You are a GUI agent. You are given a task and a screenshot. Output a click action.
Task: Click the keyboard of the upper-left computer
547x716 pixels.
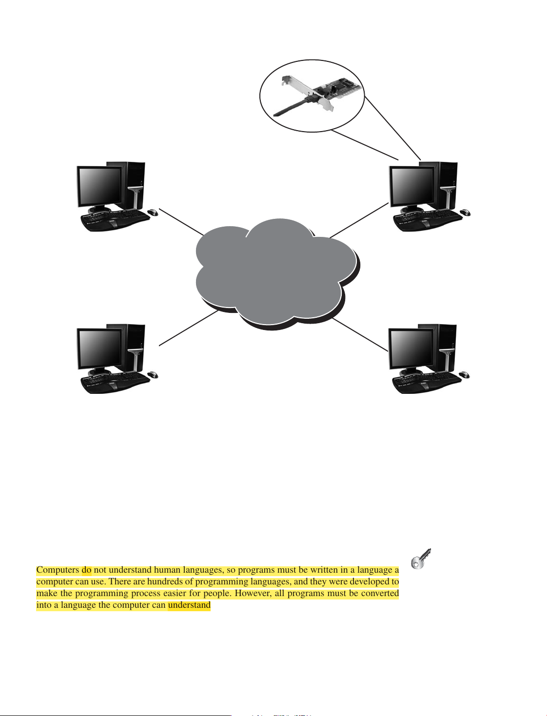pos(115,220)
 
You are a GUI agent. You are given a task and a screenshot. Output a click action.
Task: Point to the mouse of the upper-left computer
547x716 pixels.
pos(153,213)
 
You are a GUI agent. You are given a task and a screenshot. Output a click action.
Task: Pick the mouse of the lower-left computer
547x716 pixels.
pos(153,374)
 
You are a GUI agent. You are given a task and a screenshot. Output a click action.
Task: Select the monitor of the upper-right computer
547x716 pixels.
pos(411,187)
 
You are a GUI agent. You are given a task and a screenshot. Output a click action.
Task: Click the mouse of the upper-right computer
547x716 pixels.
pos(465,213)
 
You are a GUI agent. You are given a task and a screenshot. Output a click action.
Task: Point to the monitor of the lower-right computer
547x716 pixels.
pos(411,349)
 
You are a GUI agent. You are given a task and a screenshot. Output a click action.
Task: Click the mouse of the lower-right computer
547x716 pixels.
pos(465,374)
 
